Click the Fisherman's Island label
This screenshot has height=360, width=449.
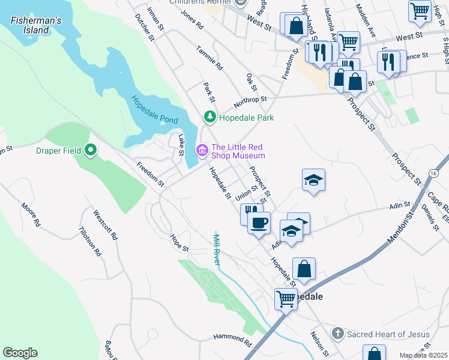36,25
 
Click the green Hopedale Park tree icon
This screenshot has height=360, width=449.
209,116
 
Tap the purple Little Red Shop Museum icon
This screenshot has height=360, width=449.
202,150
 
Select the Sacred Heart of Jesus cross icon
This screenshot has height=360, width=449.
338,333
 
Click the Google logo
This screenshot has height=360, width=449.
20,353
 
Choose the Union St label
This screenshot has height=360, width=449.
246,194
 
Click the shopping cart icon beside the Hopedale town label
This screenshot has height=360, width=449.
286,298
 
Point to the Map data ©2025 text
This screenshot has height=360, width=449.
424,355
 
